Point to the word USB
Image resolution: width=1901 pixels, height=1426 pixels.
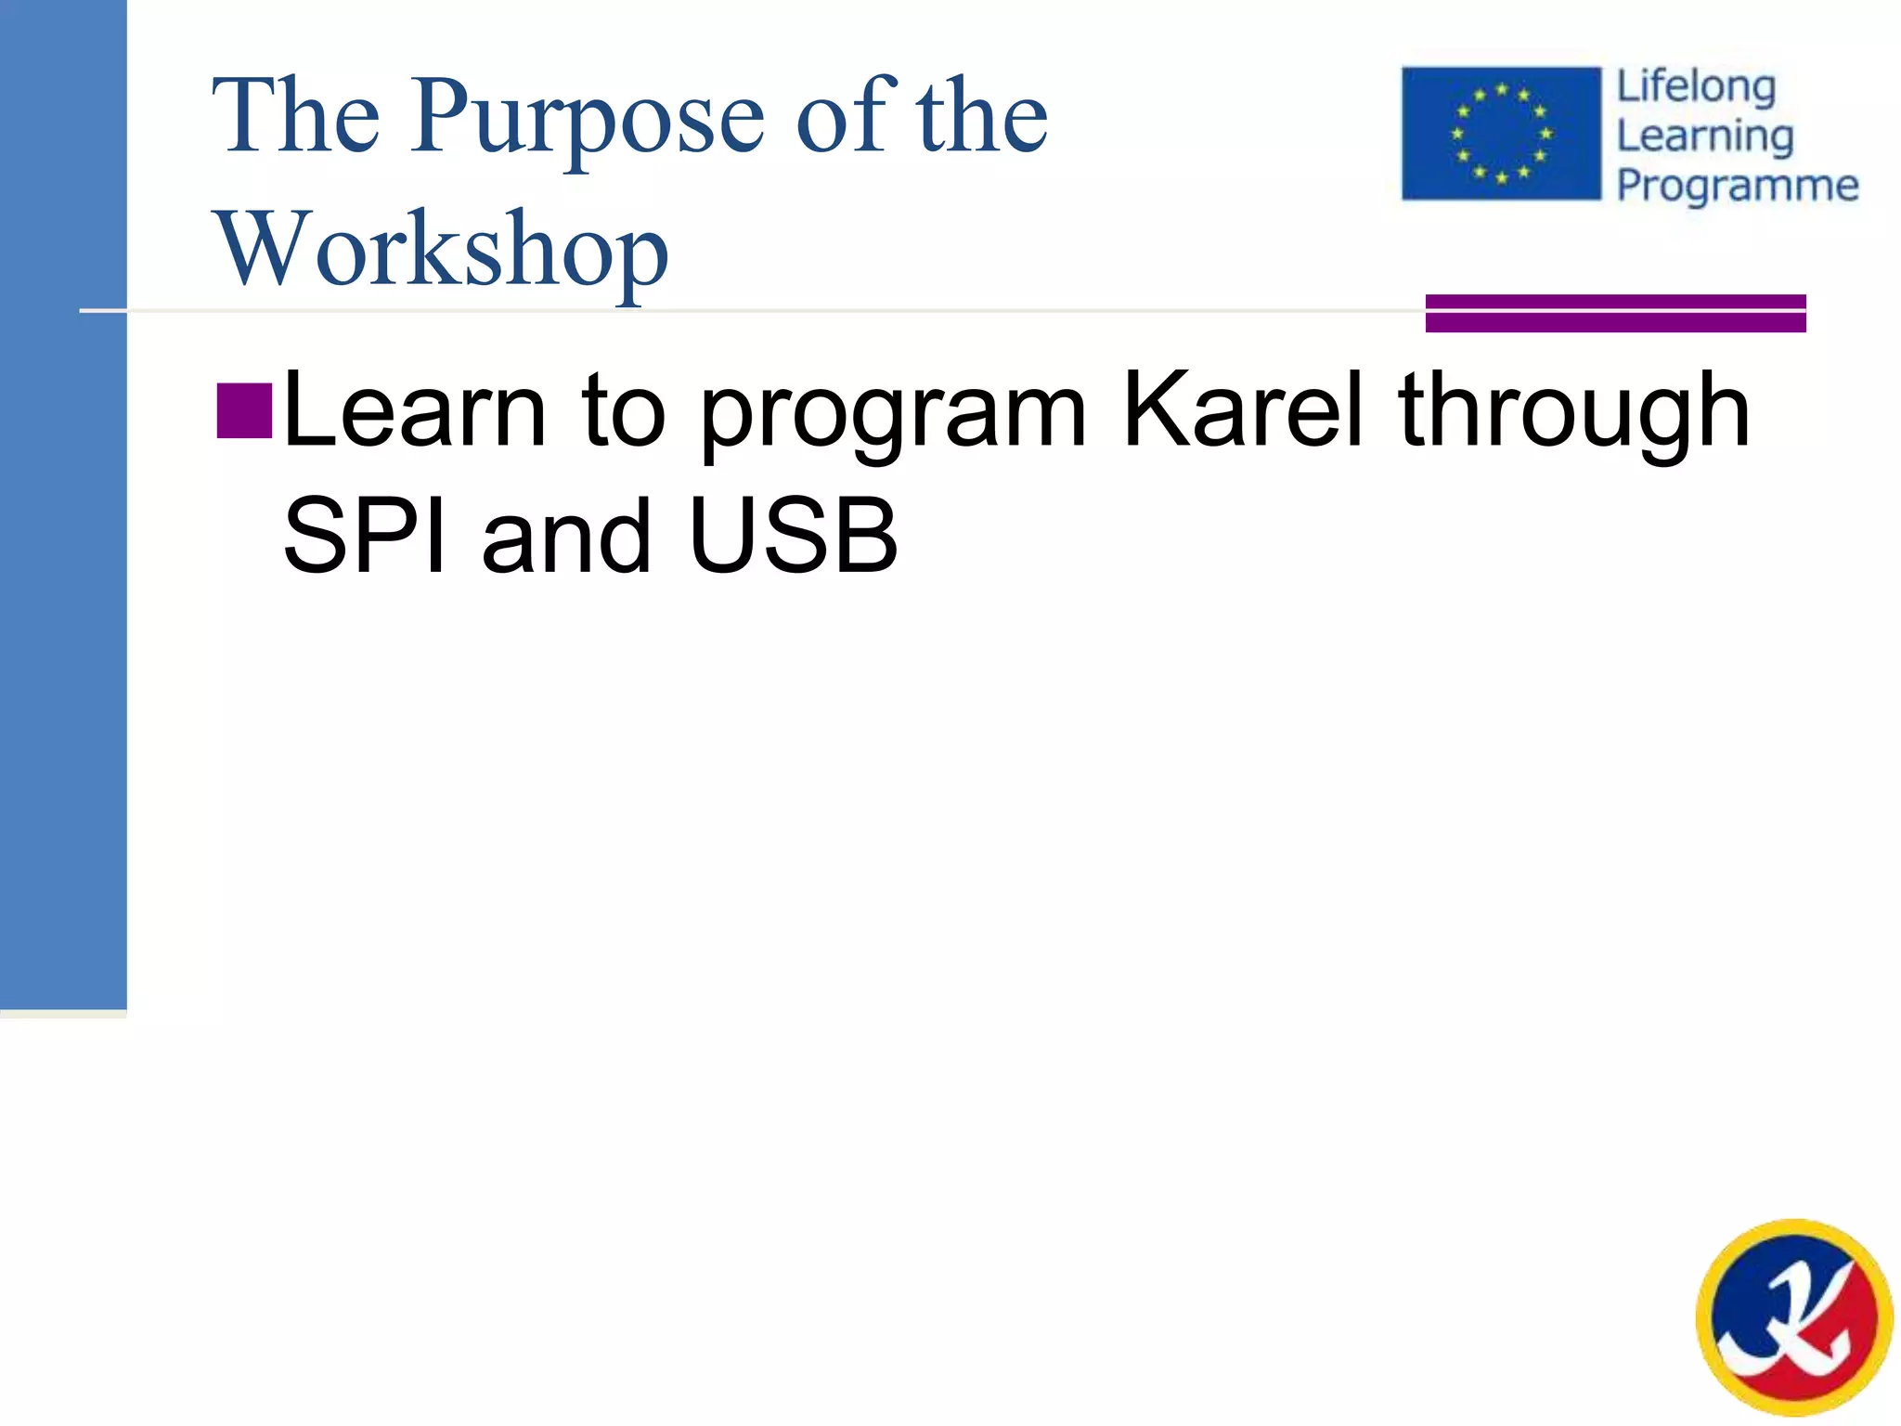pyautogui.click(x=794, y=537)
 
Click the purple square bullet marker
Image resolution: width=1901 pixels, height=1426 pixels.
pyautogui.click(x=244, y=410)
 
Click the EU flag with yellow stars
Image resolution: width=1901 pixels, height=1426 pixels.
pyautogui.click(x=1501, y=134)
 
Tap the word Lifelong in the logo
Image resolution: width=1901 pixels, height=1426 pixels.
pyautogui.click(x=1696, y=88)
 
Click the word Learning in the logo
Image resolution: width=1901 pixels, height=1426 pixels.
pyautogui.click(x=1704, y=137)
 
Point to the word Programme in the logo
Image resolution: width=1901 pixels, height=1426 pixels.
pyautogui.click(x=1738, y=186)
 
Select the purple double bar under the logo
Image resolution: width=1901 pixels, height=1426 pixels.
pyautogui.click(x=1615, y=313)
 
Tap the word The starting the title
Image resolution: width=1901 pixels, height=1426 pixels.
pyautogui.click(x=296, y=117)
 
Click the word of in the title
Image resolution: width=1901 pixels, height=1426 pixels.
pyautogui.click(x=845, y=117)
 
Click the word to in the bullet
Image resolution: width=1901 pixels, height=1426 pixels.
pyautogui.click(x=624, y=411)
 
